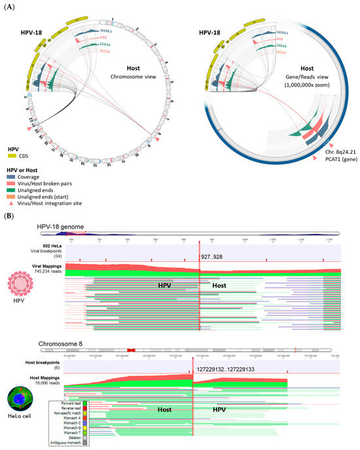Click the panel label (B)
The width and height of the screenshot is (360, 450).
[x=9, y=214]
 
